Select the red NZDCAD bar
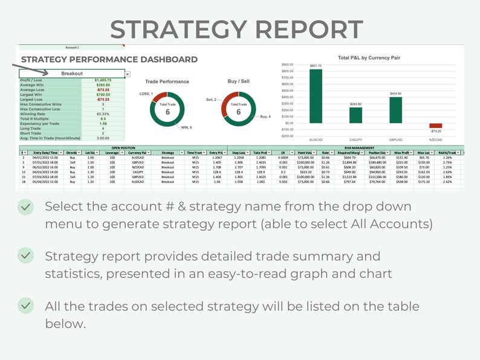tap(435, 126)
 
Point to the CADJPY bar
tap(355, 115)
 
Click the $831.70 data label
tap(316, 66)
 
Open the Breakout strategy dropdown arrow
tap(127, 74)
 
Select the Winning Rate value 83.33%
tap(103, 114)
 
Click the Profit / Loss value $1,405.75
tap(103, 80)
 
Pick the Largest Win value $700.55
tap(103, 94)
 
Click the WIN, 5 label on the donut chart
tap(187, 127)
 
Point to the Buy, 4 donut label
tap(265, 116)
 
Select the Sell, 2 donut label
tap(211, 100)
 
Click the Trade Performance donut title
tap(167, 82)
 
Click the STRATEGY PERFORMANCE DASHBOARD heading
tap(109, 59)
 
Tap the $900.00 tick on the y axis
tap(288, 64)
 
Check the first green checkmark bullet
tap(25, 207)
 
